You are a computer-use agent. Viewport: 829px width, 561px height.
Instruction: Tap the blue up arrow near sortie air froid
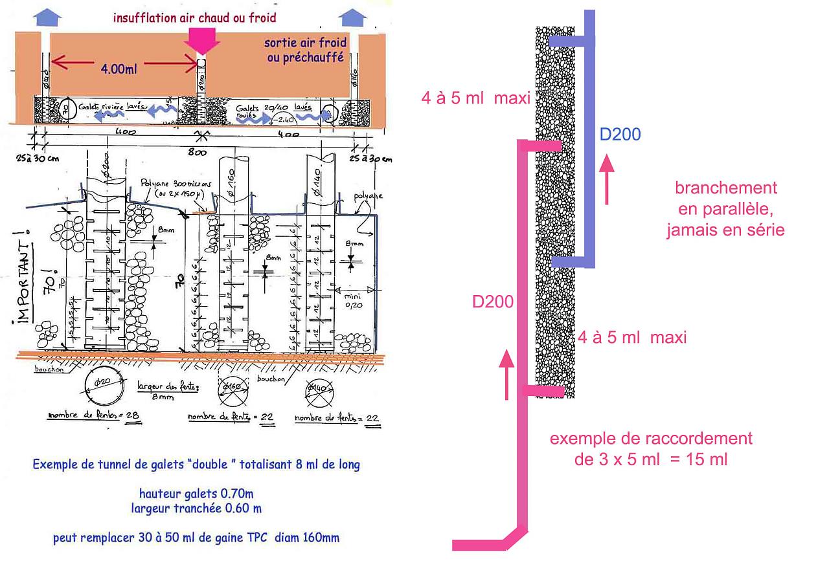(352, 17)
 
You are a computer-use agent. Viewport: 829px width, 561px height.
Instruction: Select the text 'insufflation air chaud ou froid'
(194, 17)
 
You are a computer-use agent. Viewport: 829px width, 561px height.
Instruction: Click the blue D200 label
(620, 135)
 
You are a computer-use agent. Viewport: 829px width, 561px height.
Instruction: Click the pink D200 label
(493, 302)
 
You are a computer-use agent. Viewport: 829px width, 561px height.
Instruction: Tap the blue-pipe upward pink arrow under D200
(607, 179)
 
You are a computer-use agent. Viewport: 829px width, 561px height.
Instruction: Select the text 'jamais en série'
(725, 230)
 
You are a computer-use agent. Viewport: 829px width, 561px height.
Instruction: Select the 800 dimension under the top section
(197, 153)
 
